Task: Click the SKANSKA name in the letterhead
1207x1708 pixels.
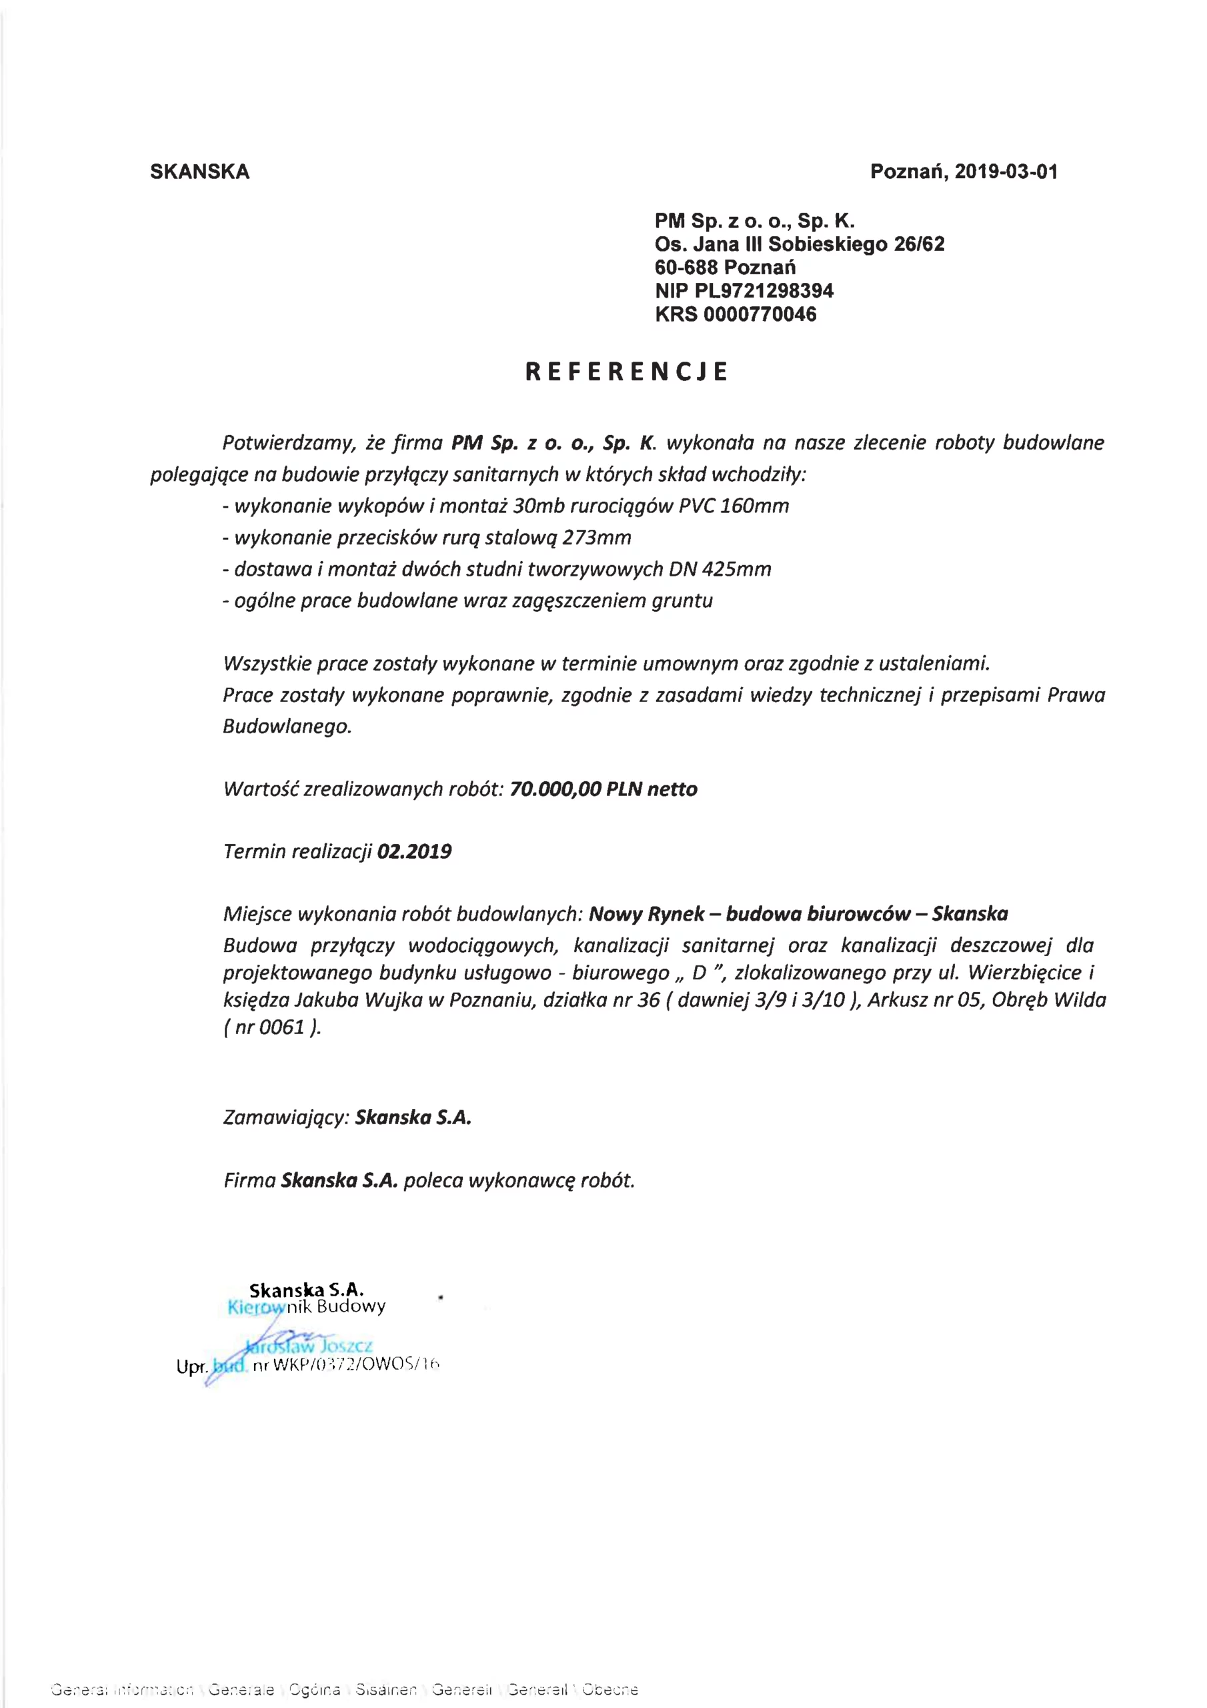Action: (199, 172)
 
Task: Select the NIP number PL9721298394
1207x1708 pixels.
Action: (764, 291)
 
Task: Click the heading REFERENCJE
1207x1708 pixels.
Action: (626, 372)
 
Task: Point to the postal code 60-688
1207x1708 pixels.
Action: (686, 267)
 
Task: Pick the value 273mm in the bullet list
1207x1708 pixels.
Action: (596, 537)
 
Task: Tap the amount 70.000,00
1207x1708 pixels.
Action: (555, 789)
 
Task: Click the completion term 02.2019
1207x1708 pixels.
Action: (414, 852)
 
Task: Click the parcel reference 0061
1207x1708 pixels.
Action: (282, 1028)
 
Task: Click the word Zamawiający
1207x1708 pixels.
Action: (285, 1118)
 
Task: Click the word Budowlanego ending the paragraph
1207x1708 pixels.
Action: (286, 726)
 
